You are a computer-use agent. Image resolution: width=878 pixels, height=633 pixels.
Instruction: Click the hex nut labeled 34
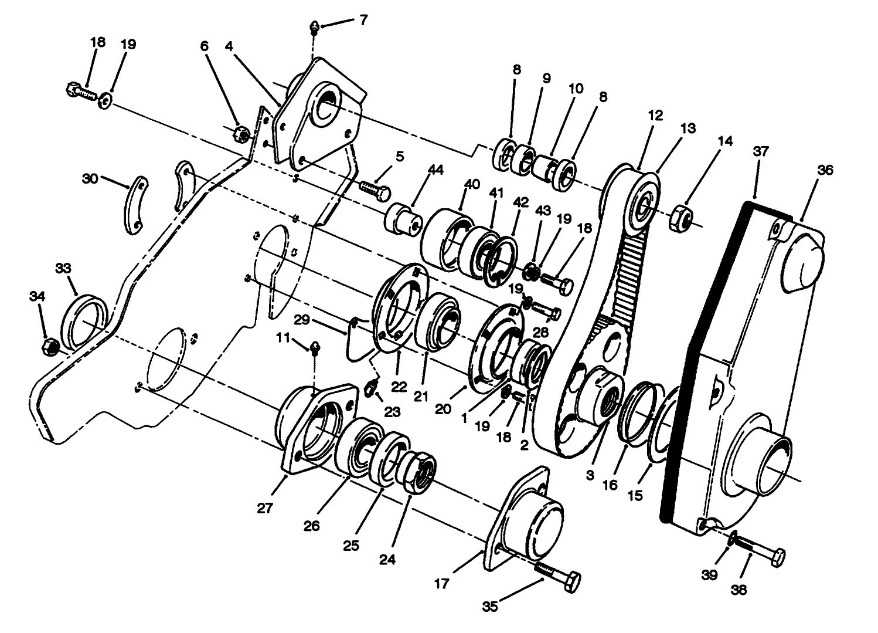tap(50, 347)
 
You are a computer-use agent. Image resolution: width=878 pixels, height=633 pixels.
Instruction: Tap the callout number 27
tap(265, 508)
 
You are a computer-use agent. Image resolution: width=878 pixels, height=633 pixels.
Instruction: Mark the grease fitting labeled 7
tap(315, 27)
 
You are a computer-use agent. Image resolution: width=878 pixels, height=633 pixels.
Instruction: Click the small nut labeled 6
tap(240, 135)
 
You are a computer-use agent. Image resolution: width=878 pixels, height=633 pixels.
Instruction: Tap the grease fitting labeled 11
tap(315, 348)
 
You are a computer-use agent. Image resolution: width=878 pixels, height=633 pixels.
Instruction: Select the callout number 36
tap(825, 170)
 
